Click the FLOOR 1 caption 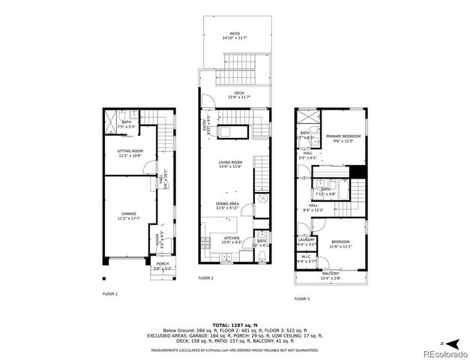(x=110, y=294)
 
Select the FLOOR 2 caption (x=206, y=278)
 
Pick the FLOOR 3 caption (x=301, y=298)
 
